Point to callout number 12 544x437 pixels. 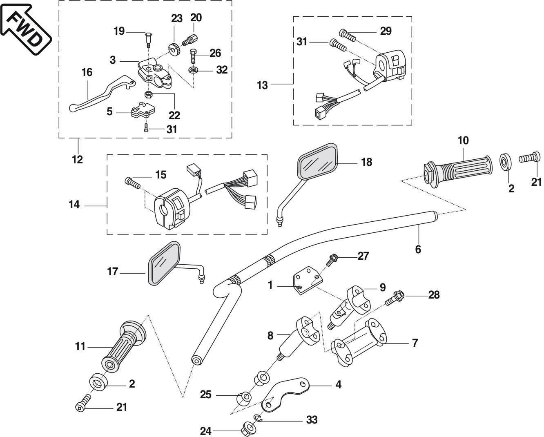pyautogui.click(x=77, y=160)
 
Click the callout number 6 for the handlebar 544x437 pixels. pyautogui.click(x=418, y=249)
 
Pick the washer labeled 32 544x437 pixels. pyautogui.click(x=192, y=70)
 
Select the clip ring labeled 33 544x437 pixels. pyautogui.click(x=257, y=417)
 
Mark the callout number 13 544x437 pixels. pyautogui.click(x=262, y=85)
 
